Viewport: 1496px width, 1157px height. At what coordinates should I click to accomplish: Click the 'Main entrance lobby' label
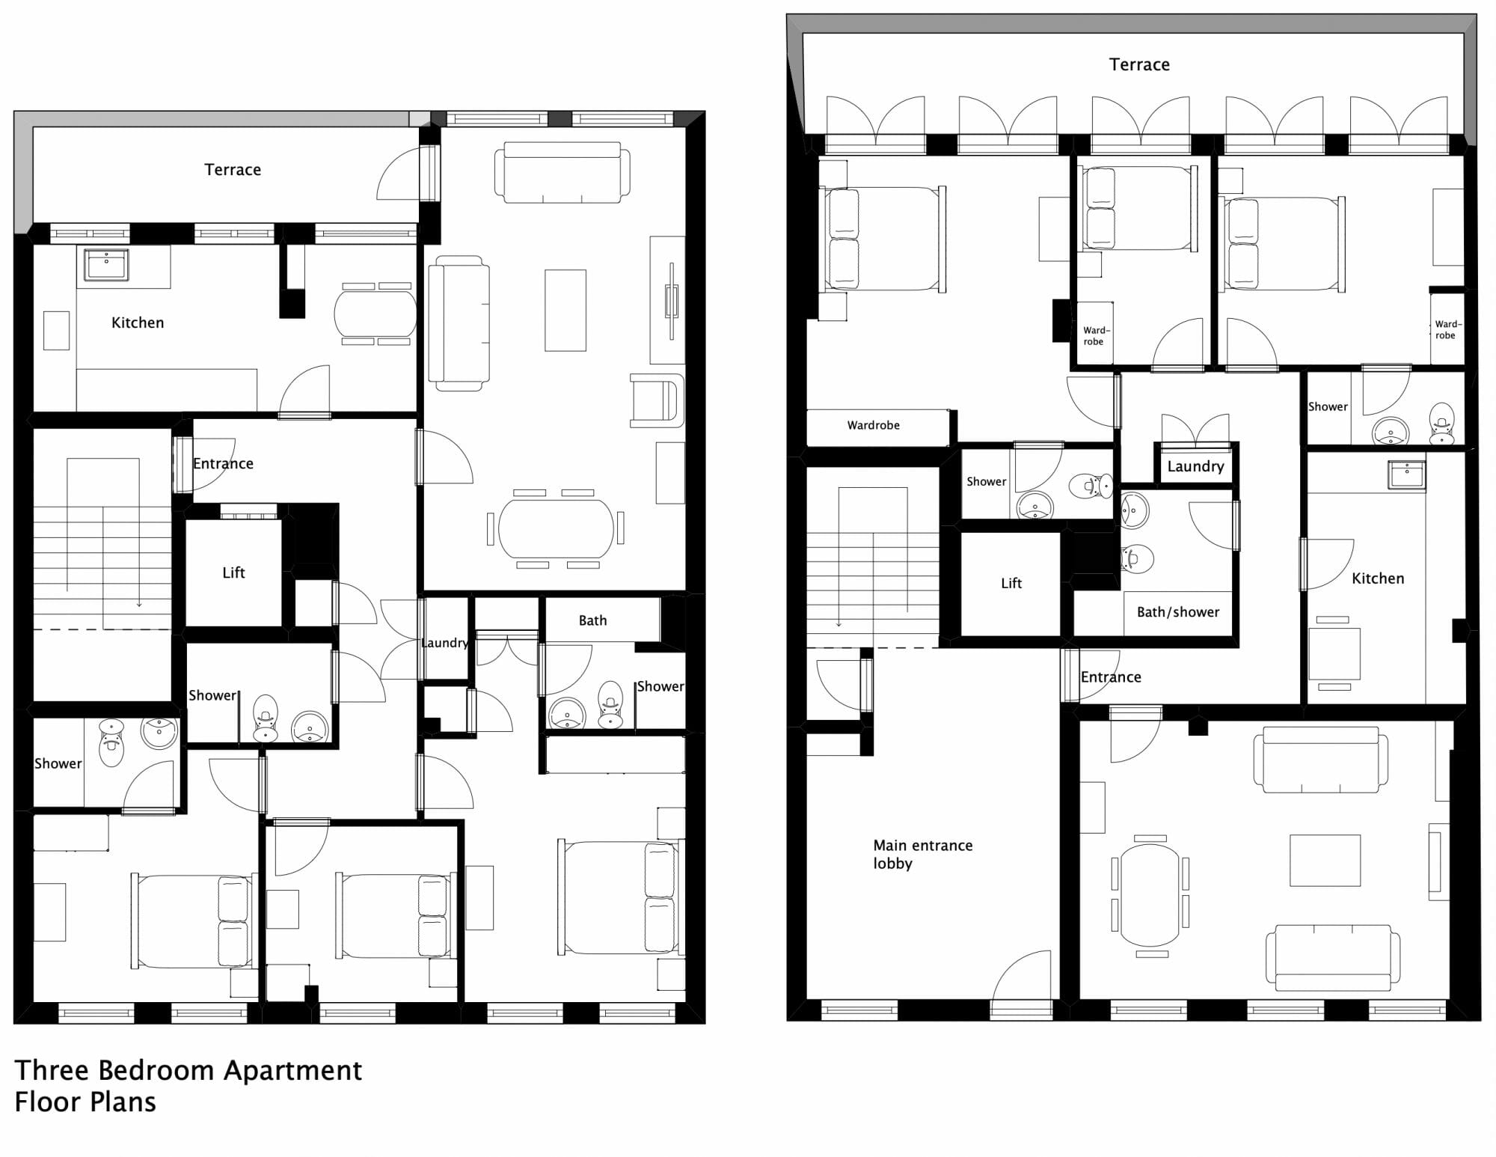923,854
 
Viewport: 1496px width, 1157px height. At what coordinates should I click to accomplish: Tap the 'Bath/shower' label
1178,612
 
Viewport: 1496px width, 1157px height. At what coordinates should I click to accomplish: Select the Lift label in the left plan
233,573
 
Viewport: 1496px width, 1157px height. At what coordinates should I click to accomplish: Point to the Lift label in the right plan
1011,583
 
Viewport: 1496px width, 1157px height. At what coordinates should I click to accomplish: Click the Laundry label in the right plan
1195,466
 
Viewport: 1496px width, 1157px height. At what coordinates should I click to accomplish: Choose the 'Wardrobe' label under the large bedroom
873,425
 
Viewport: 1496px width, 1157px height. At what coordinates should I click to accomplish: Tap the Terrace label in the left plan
233,170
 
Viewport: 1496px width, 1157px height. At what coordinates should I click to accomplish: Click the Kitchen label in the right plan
1378,578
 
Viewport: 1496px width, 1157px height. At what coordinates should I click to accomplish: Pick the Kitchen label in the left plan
138,323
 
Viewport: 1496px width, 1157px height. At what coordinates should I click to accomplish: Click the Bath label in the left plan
592,620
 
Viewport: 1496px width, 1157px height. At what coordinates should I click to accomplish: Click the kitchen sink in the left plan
105,264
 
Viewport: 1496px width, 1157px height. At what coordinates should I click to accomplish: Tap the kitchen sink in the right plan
1406,474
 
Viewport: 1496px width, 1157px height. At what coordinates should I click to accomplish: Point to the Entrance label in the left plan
223,463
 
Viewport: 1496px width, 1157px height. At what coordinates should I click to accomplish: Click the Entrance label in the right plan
1111,677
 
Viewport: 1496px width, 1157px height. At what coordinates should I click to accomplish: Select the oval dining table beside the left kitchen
375,314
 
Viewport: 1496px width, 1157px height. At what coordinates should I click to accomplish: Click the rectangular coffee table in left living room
565,311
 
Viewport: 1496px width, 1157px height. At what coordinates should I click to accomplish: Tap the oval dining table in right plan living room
1150,895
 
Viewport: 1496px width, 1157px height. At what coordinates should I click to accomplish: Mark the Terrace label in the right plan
1139,64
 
